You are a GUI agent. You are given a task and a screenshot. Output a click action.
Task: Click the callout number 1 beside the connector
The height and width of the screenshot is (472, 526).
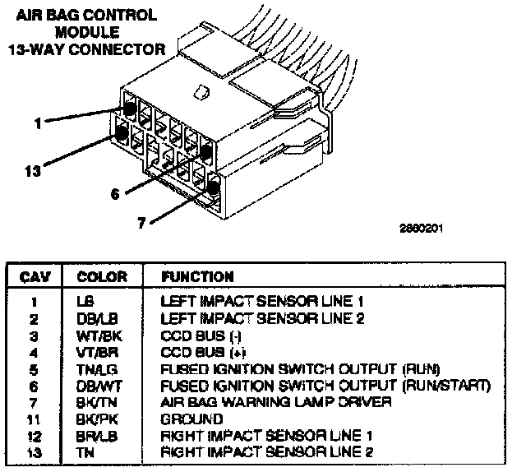pyautogui.click(x=38, y=123)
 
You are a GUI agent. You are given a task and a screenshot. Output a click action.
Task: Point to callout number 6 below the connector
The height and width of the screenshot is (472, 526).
pyautogui.click(x=114, y=194)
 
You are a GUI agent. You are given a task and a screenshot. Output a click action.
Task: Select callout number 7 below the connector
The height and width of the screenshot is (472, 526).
pyautogui.click(x=142, y=222)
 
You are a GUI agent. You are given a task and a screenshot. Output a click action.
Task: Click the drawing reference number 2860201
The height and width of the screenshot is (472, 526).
pyautogui.click(x=421, y=229)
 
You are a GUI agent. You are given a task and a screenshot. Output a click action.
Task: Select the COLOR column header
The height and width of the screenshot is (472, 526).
pyautogui.click(x=102, y=277)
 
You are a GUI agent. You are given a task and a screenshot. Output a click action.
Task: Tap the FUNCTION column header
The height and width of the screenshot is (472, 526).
pyautogui.click(x=197, y=277)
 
